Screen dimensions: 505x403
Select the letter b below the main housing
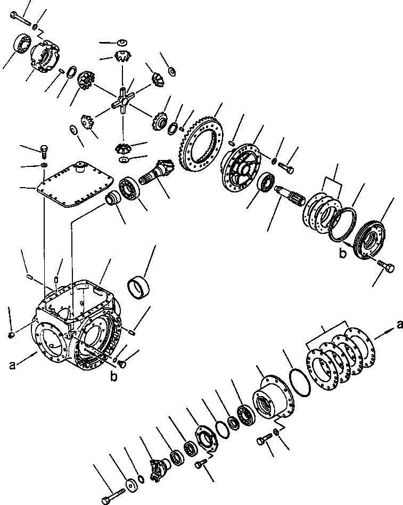coord(113,377)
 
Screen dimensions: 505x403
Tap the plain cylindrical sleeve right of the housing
coord(140,287)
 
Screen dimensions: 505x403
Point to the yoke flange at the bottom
coord(159,468)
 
